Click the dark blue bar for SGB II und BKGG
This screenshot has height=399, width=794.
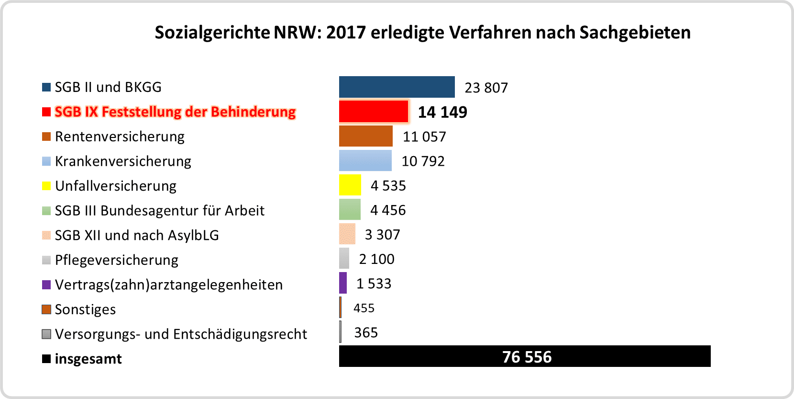click(x=397, y=87)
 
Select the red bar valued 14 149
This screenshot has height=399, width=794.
click(x=374, y=112)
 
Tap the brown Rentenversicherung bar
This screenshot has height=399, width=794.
click(x=365, y=136)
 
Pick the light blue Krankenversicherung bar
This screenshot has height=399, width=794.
click(x=365, y=160)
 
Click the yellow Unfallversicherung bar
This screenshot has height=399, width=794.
click(x=350, y=185)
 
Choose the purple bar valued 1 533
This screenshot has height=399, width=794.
click(x=343, y=283)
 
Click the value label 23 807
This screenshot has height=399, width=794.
click(x=486, y=88)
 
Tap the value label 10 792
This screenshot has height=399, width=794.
click(x=423, y=161)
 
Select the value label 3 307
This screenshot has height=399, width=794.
click(x=382, y=235)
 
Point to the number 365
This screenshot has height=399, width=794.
click(x=366, y=332)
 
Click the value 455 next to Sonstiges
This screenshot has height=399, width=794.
click(x=364, y=308)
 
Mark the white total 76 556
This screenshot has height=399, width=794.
click(x=527, y=357)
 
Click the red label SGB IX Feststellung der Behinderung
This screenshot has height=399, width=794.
click(x=175, y=112)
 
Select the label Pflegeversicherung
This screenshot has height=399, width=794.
click(x=116, y=260)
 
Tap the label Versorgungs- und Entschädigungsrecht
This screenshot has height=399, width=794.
click(x=181, y=334)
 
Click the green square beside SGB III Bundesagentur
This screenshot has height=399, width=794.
click(x=46, y=211)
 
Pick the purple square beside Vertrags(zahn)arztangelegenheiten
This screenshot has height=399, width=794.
click(x=46, y=285)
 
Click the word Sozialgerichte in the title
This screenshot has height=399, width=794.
click(x=212, y=33)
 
